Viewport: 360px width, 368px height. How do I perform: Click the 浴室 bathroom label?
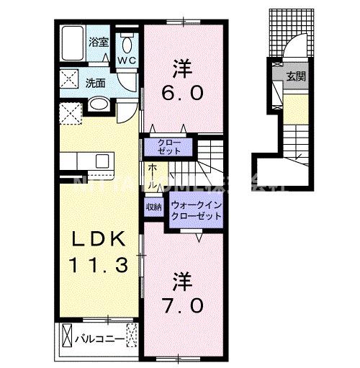(x=98, y=42)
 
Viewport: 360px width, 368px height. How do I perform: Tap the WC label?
(x=126, y=60)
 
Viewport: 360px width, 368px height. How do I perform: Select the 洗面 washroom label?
(x=96, y=82)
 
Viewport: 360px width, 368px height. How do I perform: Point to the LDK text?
(x=101, y=240)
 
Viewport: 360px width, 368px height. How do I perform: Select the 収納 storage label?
(x=153, y=207)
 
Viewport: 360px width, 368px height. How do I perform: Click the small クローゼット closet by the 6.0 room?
(x=171, y=147)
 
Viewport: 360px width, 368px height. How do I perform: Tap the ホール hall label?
(x=154, y=176)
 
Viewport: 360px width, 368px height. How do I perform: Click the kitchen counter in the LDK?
(x=89, y=158)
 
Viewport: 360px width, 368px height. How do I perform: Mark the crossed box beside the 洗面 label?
(x=71, y=78)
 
